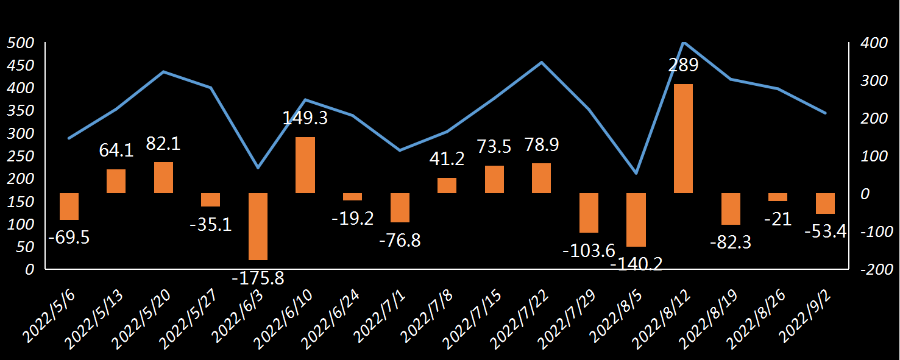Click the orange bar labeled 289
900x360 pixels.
click(683, 138)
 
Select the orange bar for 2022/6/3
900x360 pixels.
click(258, 226)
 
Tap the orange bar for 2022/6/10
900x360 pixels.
click(305, 165)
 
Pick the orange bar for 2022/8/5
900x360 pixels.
click(636, 219)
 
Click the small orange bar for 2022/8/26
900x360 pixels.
click(778, 197)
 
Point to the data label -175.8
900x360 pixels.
click(258, 278)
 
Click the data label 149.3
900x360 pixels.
click(305, 118)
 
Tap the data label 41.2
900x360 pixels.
click(447, 160)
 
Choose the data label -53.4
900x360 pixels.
click(826, 231)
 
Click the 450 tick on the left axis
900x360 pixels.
click(18, 66)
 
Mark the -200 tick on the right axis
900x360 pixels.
click(875, 270)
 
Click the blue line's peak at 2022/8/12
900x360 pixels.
click(684, 43)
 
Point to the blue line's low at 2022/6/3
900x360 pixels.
click(258, 168)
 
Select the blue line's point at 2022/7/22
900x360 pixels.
click(542, 62)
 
